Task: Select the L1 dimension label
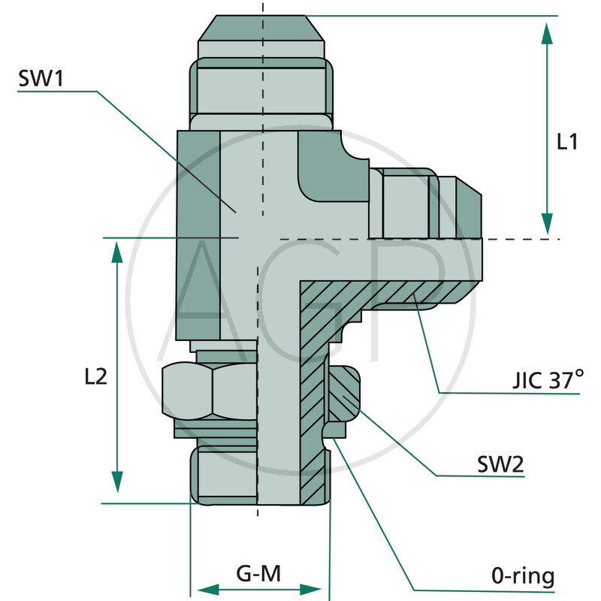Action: (x=567, y=142)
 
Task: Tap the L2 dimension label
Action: (x=95, y=376)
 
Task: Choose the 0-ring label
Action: (x=523, y=577)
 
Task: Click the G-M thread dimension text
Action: (x=258, y=575)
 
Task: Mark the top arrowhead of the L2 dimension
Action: (x=117, y=253)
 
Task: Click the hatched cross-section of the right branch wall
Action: (x=391, y=294)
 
